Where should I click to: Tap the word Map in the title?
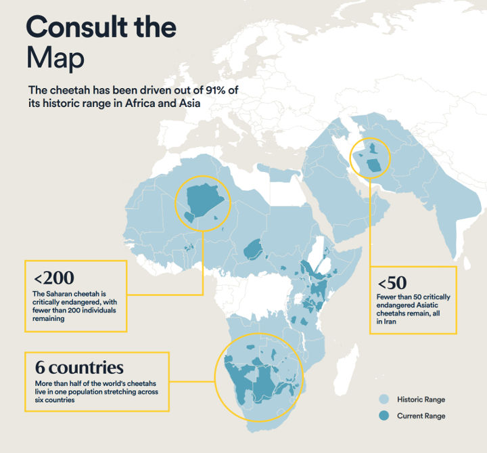[x=55, y=59]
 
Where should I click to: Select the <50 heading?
[x=392, y=282]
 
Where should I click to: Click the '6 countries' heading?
[x=79, y=368]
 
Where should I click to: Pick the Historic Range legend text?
[x=421, y=400]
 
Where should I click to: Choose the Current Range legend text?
[x=421, y=416]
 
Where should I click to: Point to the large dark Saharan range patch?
[x=203, y=200]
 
